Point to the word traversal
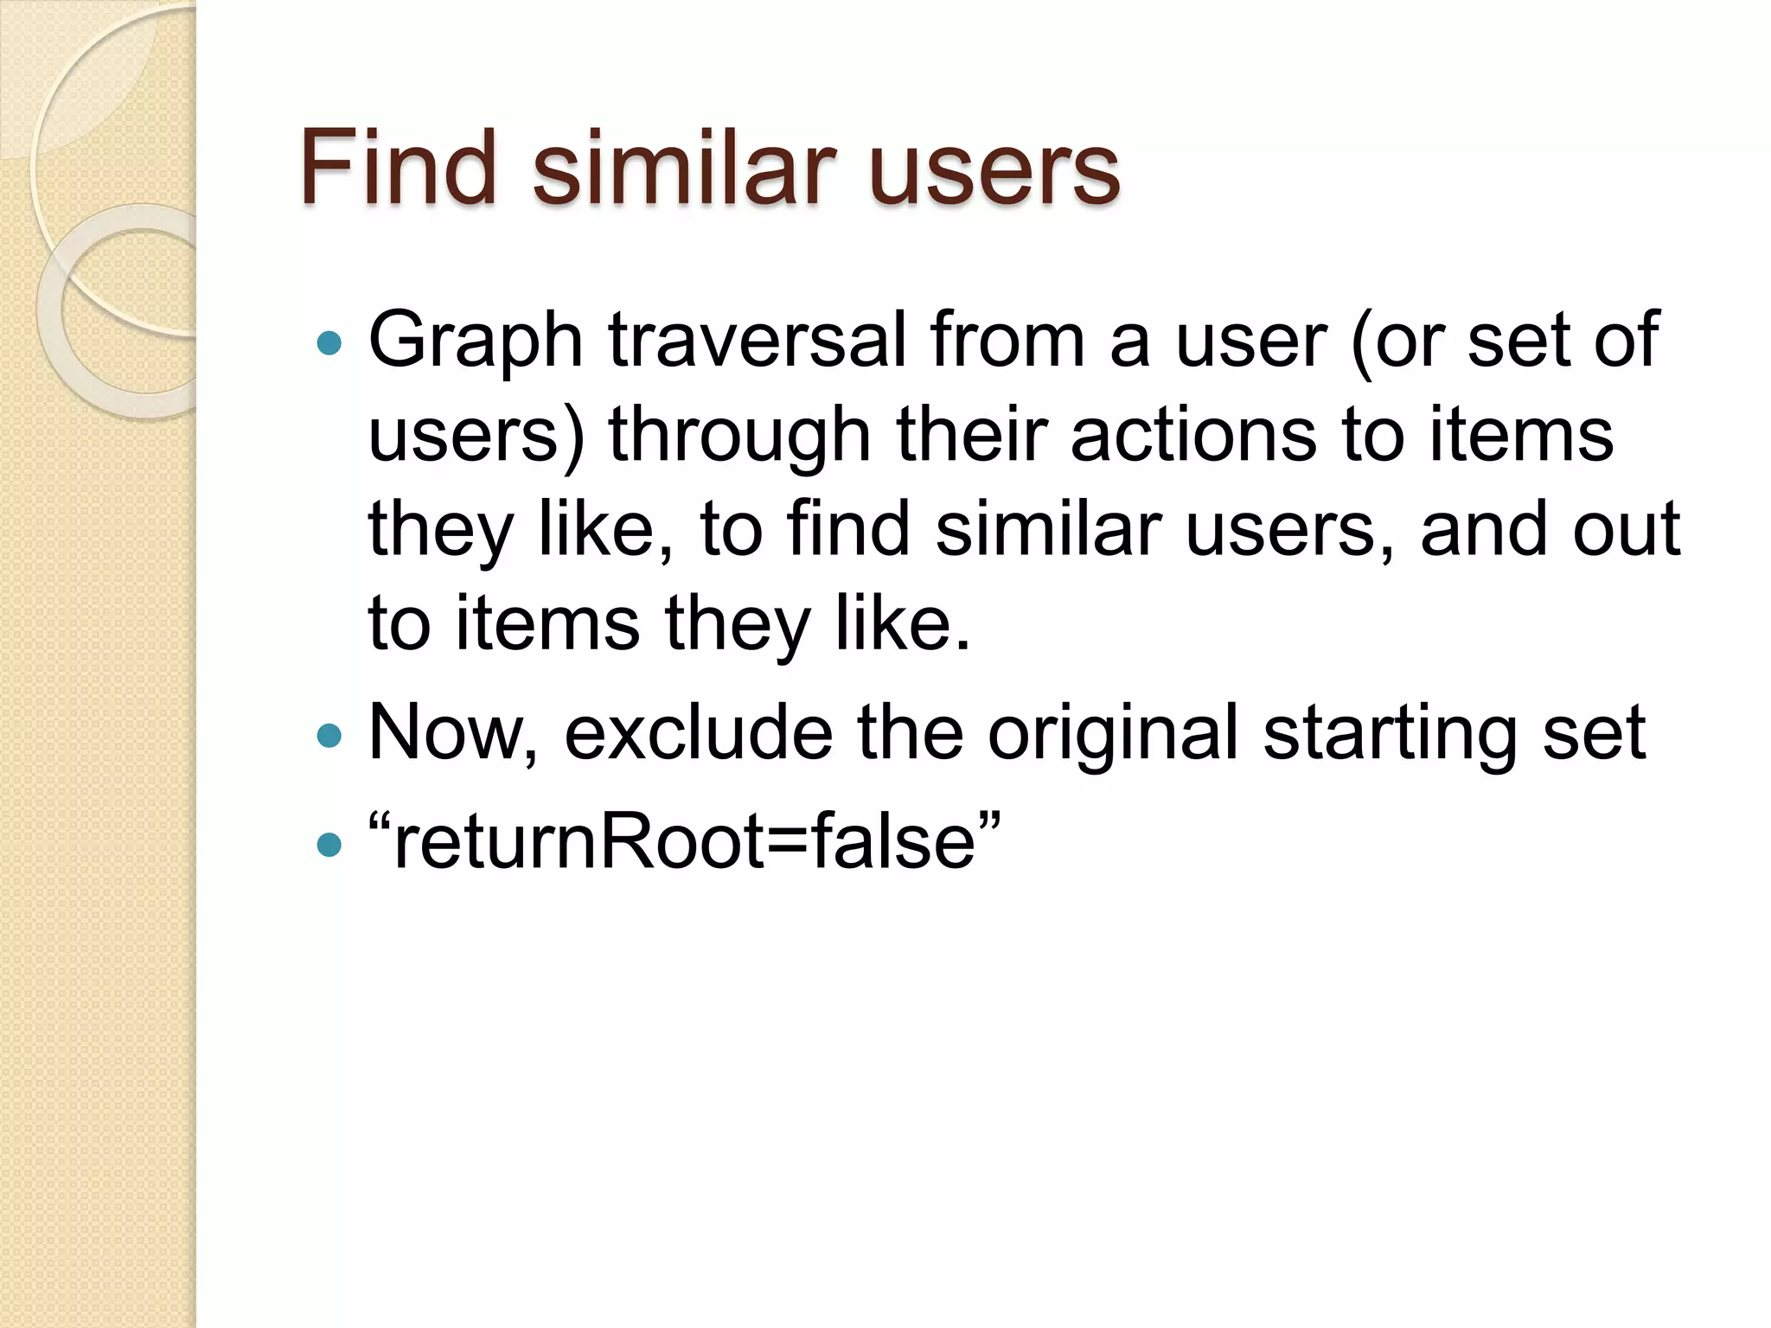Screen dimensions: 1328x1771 [758, 341]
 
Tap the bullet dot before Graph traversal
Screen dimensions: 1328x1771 [329, 344]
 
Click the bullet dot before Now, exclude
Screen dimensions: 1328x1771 [329, 736]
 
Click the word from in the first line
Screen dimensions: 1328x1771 [1007, 341]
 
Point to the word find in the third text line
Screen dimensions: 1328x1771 [848, 529]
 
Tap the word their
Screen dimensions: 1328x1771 [973, 435]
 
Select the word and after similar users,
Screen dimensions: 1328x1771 [1483, 530]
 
